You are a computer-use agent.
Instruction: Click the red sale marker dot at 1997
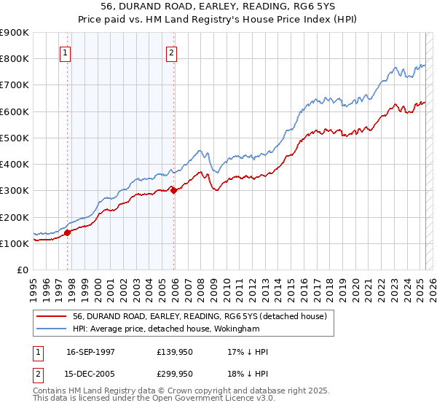point(68,233)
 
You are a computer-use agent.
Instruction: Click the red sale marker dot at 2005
point(174,191)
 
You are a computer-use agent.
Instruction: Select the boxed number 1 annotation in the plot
point(65,52)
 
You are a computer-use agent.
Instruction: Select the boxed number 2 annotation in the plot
point(171,52)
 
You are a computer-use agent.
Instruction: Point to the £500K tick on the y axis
point(15,138)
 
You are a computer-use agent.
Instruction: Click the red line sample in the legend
point(50,316)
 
